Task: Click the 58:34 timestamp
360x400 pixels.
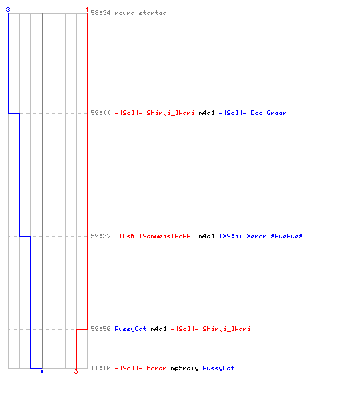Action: [x=101, y=13]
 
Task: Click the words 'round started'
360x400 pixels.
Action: [x=141, y=13]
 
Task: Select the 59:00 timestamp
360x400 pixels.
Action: [x=101, y=113]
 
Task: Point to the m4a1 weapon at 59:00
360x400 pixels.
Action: [x=206, y=113]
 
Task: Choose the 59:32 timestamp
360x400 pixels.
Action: [x=101, y=236]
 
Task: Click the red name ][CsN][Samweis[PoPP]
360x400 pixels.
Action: [x=155, y=236]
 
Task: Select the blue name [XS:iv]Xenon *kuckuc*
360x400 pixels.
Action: [x=261, y=236]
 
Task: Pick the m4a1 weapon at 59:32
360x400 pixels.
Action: [x=206, y=236]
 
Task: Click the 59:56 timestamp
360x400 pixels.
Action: [x=101, y=329]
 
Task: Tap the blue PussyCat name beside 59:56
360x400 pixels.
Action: [x=130, y=329]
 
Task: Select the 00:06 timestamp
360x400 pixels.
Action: [x=101, y=368]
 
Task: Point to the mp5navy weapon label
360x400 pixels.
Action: [x=185, y=368]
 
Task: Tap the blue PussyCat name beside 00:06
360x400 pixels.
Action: [x=218, y=368]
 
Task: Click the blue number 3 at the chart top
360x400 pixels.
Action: [x=8, y=10]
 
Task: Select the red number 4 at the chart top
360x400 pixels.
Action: [x=87, y=10]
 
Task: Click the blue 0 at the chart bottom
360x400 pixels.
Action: [x=42, y=371]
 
